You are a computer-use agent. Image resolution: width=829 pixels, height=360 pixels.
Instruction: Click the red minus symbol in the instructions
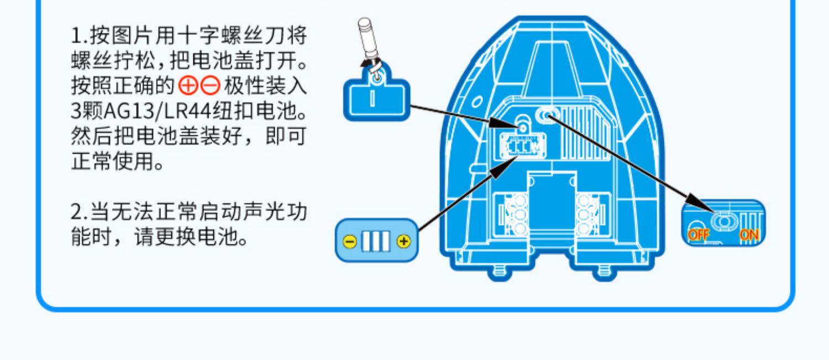[210, 86]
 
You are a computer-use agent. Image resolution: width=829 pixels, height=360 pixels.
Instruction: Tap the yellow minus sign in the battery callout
[349, 241]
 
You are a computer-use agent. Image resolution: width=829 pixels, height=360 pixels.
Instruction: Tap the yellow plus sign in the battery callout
[404, 241]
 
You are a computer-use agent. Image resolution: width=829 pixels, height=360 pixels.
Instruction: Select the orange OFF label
[698, 235]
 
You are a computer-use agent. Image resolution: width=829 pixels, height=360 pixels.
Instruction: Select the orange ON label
[749, 235]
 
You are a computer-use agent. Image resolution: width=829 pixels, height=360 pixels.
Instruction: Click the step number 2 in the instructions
[76, 212]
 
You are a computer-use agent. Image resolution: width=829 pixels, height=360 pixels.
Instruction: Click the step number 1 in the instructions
[76, 37]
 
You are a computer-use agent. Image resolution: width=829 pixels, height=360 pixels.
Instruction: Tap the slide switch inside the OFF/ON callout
[722, 221]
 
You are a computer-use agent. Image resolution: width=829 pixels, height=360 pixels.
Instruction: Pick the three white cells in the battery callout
[376, 241]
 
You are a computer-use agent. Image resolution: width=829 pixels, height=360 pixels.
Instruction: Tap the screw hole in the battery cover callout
[376, 79]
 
